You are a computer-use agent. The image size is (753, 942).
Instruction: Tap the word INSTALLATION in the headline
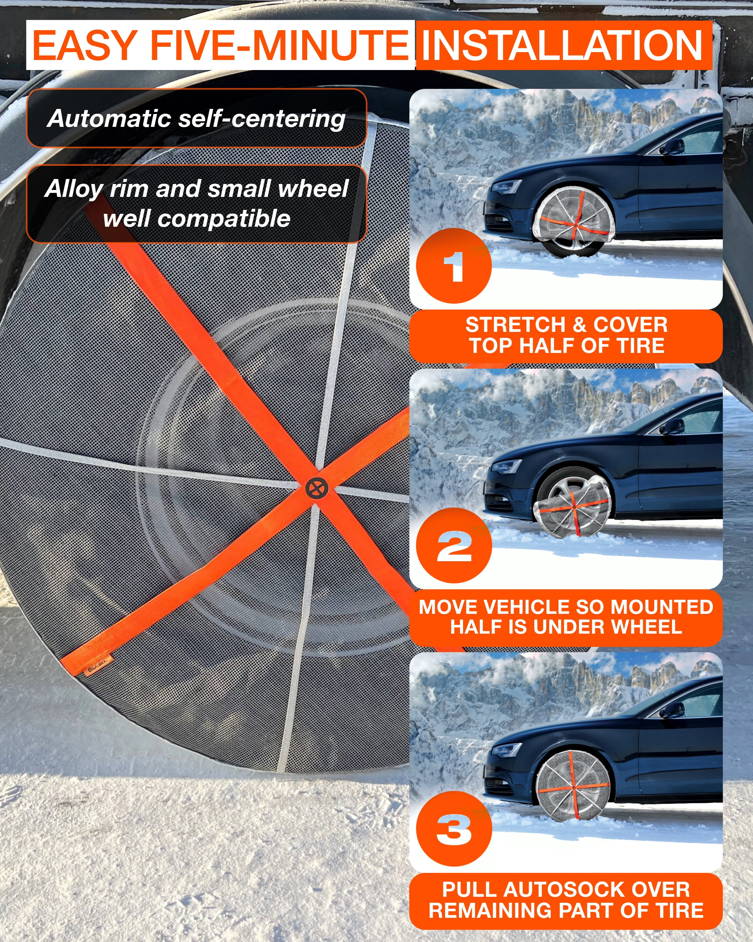tap(563, 46)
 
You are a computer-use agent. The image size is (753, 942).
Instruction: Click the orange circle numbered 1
tap(454, 266)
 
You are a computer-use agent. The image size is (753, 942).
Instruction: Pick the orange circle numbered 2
tap(454, 546)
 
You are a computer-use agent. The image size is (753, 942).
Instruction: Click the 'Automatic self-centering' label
tap(196, 118)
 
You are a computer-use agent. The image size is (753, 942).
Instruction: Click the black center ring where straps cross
tap(317, 488)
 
